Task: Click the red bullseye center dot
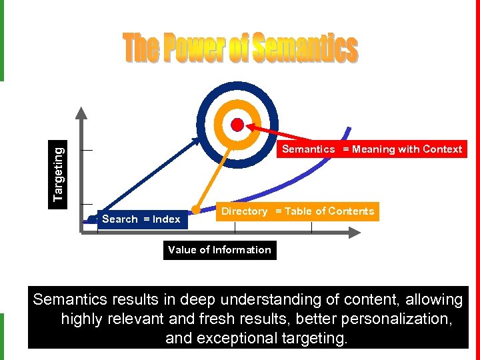(237, 124)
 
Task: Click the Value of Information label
(219, 250)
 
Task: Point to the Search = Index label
(141, 219)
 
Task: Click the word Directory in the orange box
(244, 211)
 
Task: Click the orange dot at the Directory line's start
(196, 209)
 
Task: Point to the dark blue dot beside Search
(92, 219)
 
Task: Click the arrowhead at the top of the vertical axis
(80, 112)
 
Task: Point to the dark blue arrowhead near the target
(197, 139)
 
